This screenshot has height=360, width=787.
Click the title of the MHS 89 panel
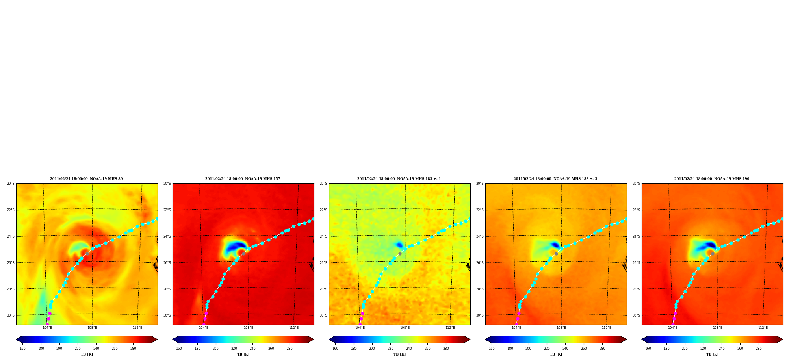tap(86, 179)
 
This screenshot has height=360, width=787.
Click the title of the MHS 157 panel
tap(243, 179)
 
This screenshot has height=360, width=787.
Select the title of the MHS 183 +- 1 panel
tap(399, 179)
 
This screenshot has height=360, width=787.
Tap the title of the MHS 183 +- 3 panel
tap(555, 179)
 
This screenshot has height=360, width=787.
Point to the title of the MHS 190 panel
tap(712, 179)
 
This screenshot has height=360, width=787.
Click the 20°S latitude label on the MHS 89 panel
tap(11, 184)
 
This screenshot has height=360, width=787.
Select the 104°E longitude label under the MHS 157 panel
tap(204, 328)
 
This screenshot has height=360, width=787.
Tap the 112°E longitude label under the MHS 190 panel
tap(763, 328)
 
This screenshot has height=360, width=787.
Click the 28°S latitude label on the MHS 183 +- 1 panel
tap(323, 289)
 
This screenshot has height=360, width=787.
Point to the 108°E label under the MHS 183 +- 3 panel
tap(561, 328)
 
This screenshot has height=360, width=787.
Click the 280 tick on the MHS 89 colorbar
tap(133, 349)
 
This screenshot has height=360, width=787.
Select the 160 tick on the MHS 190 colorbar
tap(648, 349)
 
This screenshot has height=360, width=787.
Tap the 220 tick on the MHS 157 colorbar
tap(234, 349)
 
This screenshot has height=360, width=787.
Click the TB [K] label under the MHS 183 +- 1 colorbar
tap(399, 354)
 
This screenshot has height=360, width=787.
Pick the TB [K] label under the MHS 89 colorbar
tap(87, 354)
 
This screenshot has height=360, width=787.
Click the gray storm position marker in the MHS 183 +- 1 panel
tap(400, 254)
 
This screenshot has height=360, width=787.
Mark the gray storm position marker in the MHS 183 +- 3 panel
tap(556, 254)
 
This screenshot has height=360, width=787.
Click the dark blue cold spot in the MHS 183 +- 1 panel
tap(399, 245)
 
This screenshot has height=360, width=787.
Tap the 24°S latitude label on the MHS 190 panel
tap(636, 236)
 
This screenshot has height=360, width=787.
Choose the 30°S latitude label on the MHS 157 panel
tap(167, 315)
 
